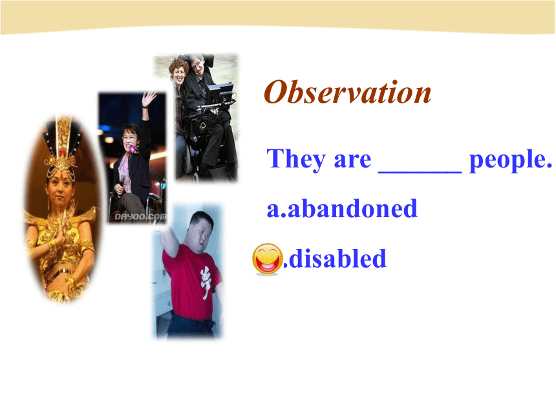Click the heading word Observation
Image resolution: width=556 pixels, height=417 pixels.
(348, 92)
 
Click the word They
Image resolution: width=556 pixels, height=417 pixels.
(296, 160)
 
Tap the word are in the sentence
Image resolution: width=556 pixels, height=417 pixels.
(352, 160)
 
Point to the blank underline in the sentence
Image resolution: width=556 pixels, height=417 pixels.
(420, 171)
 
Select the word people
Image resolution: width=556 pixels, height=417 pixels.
(510, 160)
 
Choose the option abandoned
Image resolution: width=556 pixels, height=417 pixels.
(352, 208)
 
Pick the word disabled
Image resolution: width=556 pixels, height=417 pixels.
(337, 258)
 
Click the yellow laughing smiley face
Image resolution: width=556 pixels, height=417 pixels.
(268, 259)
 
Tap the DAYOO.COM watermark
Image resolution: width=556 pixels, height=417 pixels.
(140, 217)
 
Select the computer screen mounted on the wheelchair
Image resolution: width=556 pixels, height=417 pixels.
(220, 91)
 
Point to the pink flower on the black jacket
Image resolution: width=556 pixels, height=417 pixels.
(133, 149)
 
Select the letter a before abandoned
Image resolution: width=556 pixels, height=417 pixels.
(273, 210)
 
